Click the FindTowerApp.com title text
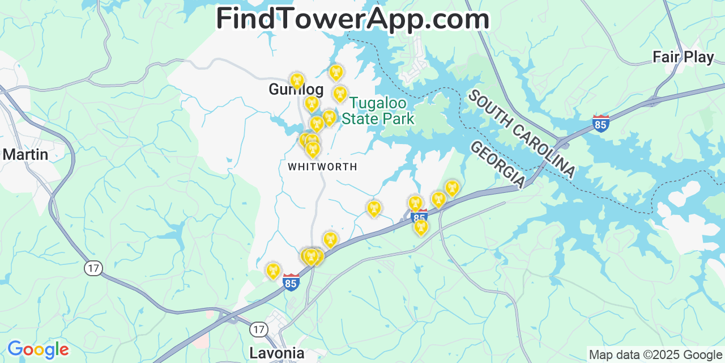[x=352, y=19]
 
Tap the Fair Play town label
[x=683, y=57]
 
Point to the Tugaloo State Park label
[x=378, y=111]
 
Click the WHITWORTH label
[x=322, y=167]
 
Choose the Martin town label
[x=25, y=154]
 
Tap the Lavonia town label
[x=276, y=353]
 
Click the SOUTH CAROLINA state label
[x=521, y=134]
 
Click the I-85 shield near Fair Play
[x=600, y=124]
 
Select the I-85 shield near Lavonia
[x=291, y=282]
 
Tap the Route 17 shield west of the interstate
[x=93, y=268]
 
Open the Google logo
[x=38, y=349]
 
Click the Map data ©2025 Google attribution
[x=656, y=355]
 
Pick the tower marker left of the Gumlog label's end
[x=297, y=81]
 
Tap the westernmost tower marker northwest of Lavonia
[x=273, y=271]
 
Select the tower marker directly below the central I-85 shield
[x=420, y=227]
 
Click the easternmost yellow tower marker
[x=451, y=188]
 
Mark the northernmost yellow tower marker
[x=336, y=72]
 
